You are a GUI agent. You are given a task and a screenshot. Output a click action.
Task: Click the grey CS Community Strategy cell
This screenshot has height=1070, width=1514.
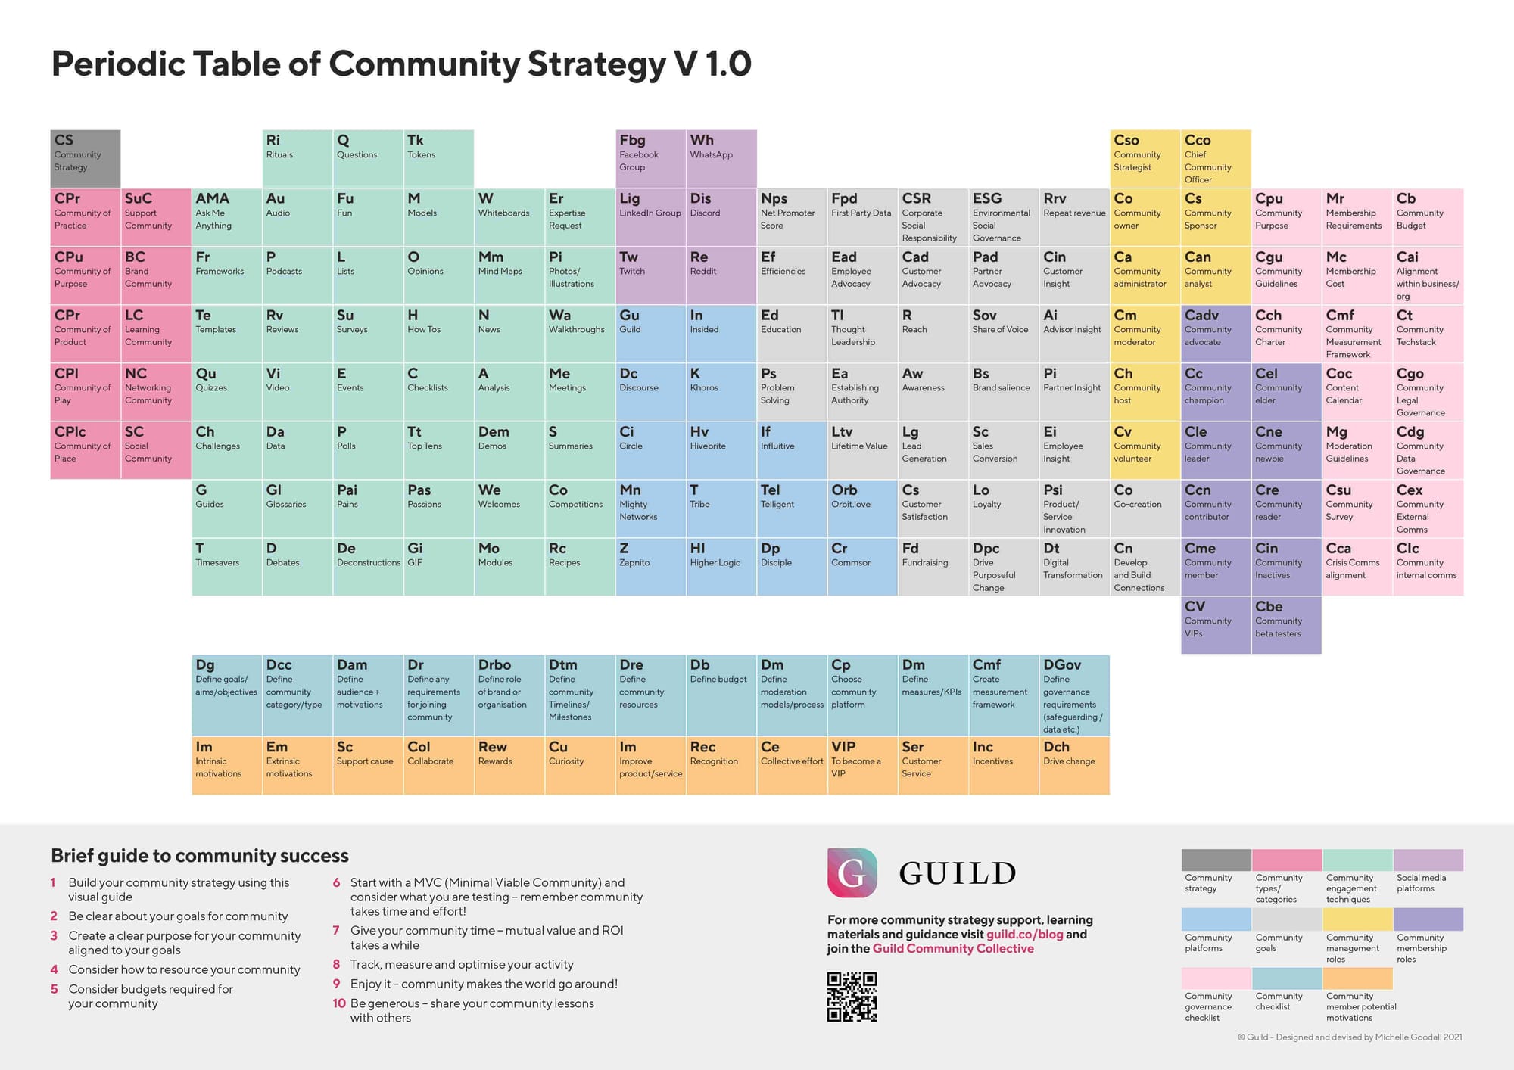[x=86, y=159]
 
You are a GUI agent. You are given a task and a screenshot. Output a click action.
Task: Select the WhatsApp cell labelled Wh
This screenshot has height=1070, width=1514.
[x=721, y=159]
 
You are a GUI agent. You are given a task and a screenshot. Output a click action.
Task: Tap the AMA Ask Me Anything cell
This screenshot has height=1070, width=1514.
[x=226, y=217]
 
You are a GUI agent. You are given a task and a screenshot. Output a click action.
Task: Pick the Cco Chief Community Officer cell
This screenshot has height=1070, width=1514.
[x=1216, y=159]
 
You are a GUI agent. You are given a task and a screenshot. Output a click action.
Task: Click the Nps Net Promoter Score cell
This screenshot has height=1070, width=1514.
[x=792, y=217]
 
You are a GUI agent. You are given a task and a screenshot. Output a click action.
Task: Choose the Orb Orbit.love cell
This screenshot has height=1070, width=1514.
[x=862, y=509]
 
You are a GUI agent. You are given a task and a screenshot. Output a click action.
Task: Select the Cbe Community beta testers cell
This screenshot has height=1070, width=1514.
[x=1286, y=625]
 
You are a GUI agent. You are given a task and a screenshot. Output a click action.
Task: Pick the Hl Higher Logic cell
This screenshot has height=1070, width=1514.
[x=721, y=567]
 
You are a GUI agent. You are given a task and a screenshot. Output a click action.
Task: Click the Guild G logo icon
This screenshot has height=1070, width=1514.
[x=852, y=873]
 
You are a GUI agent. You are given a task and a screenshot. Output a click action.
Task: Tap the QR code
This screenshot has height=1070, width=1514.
[x=852, y=997]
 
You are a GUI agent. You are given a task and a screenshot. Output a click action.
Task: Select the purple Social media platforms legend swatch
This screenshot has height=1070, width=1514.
[x=1428, y=860]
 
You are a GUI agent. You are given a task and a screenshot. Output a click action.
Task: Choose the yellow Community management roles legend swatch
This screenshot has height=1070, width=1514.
[x=1357, y=919]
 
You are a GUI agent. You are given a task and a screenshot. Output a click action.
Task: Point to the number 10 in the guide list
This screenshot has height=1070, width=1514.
[x=339, y=1003]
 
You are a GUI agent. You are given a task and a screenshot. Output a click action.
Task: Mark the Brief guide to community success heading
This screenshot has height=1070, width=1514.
[x=200, y=856]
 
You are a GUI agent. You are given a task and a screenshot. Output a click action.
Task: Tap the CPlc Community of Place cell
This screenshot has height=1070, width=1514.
[x=86, y=450]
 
